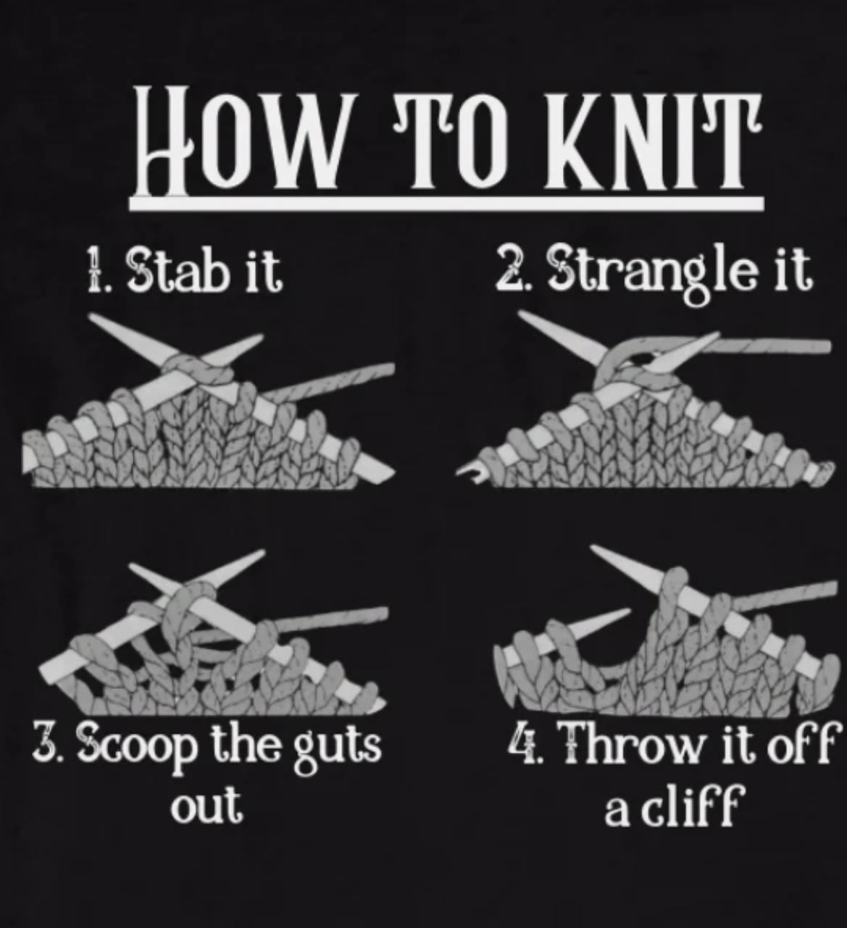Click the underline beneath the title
[446, 203]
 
